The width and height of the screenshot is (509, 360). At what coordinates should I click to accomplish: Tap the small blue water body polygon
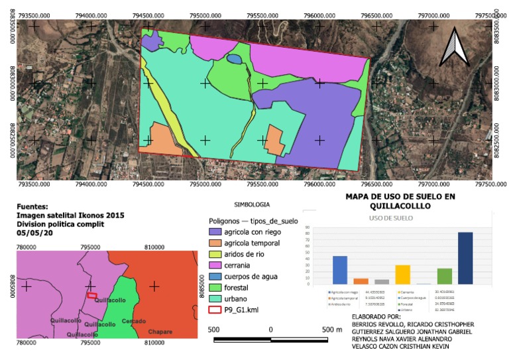click(234, 59)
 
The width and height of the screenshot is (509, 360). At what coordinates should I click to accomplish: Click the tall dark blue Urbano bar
click(465, 259)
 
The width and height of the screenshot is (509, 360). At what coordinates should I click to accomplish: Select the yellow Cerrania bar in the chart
click(403, 274)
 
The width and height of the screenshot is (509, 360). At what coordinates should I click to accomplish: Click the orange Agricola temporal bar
click(361, 280)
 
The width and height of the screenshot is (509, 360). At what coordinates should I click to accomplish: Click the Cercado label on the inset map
click(134, 321)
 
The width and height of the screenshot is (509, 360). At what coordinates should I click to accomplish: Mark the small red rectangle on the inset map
click(92, 295)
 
